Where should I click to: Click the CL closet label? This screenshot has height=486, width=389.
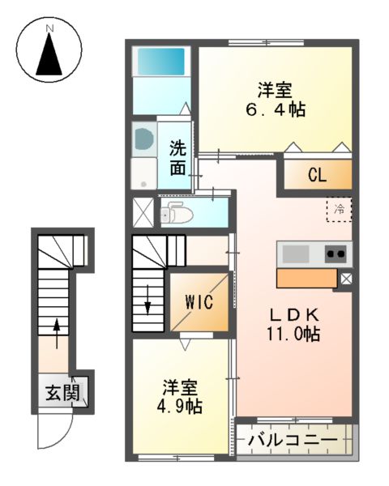pos(317,175)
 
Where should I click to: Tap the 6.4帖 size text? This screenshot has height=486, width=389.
pos(276,109)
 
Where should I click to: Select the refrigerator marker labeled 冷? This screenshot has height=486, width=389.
pos(340,210)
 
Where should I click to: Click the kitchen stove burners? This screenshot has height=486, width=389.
pos(336,254)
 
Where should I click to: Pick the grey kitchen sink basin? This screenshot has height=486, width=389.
pos(296,254)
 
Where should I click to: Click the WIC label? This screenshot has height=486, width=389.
pos(199,302)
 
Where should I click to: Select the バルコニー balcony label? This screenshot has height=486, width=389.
pos(293,442)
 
